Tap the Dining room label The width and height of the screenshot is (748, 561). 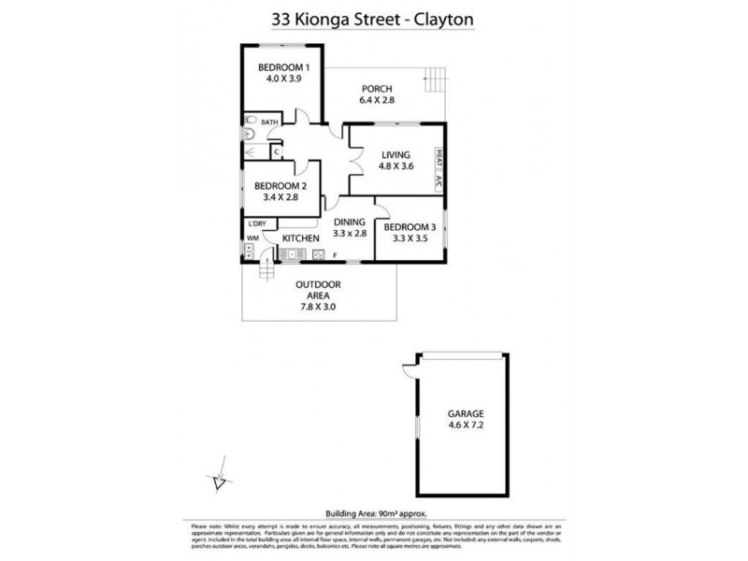350,222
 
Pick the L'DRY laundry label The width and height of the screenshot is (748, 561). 256,223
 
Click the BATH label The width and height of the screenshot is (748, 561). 269,122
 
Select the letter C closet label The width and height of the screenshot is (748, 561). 277,151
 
